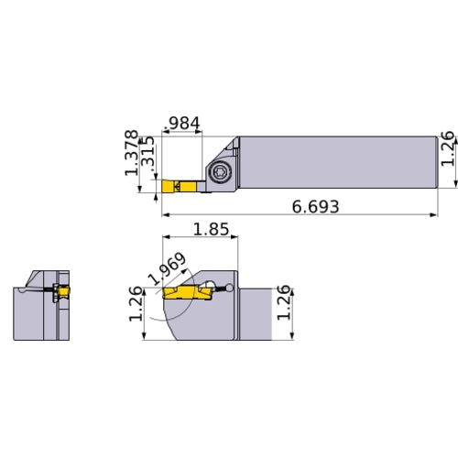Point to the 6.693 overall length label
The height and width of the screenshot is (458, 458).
pyautogui.click(x=315, y=207)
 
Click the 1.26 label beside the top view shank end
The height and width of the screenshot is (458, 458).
pyautogui.click(x=448, y=148)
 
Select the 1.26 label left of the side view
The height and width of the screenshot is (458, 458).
pyautogui.click(x=135, y=304)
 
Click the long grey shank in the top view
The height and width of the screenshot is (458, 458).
pyautogui.click(x=339, y=162)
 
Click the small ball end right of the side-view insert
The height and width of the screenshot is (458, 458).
pyautogui.click(x=232, y=289)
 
